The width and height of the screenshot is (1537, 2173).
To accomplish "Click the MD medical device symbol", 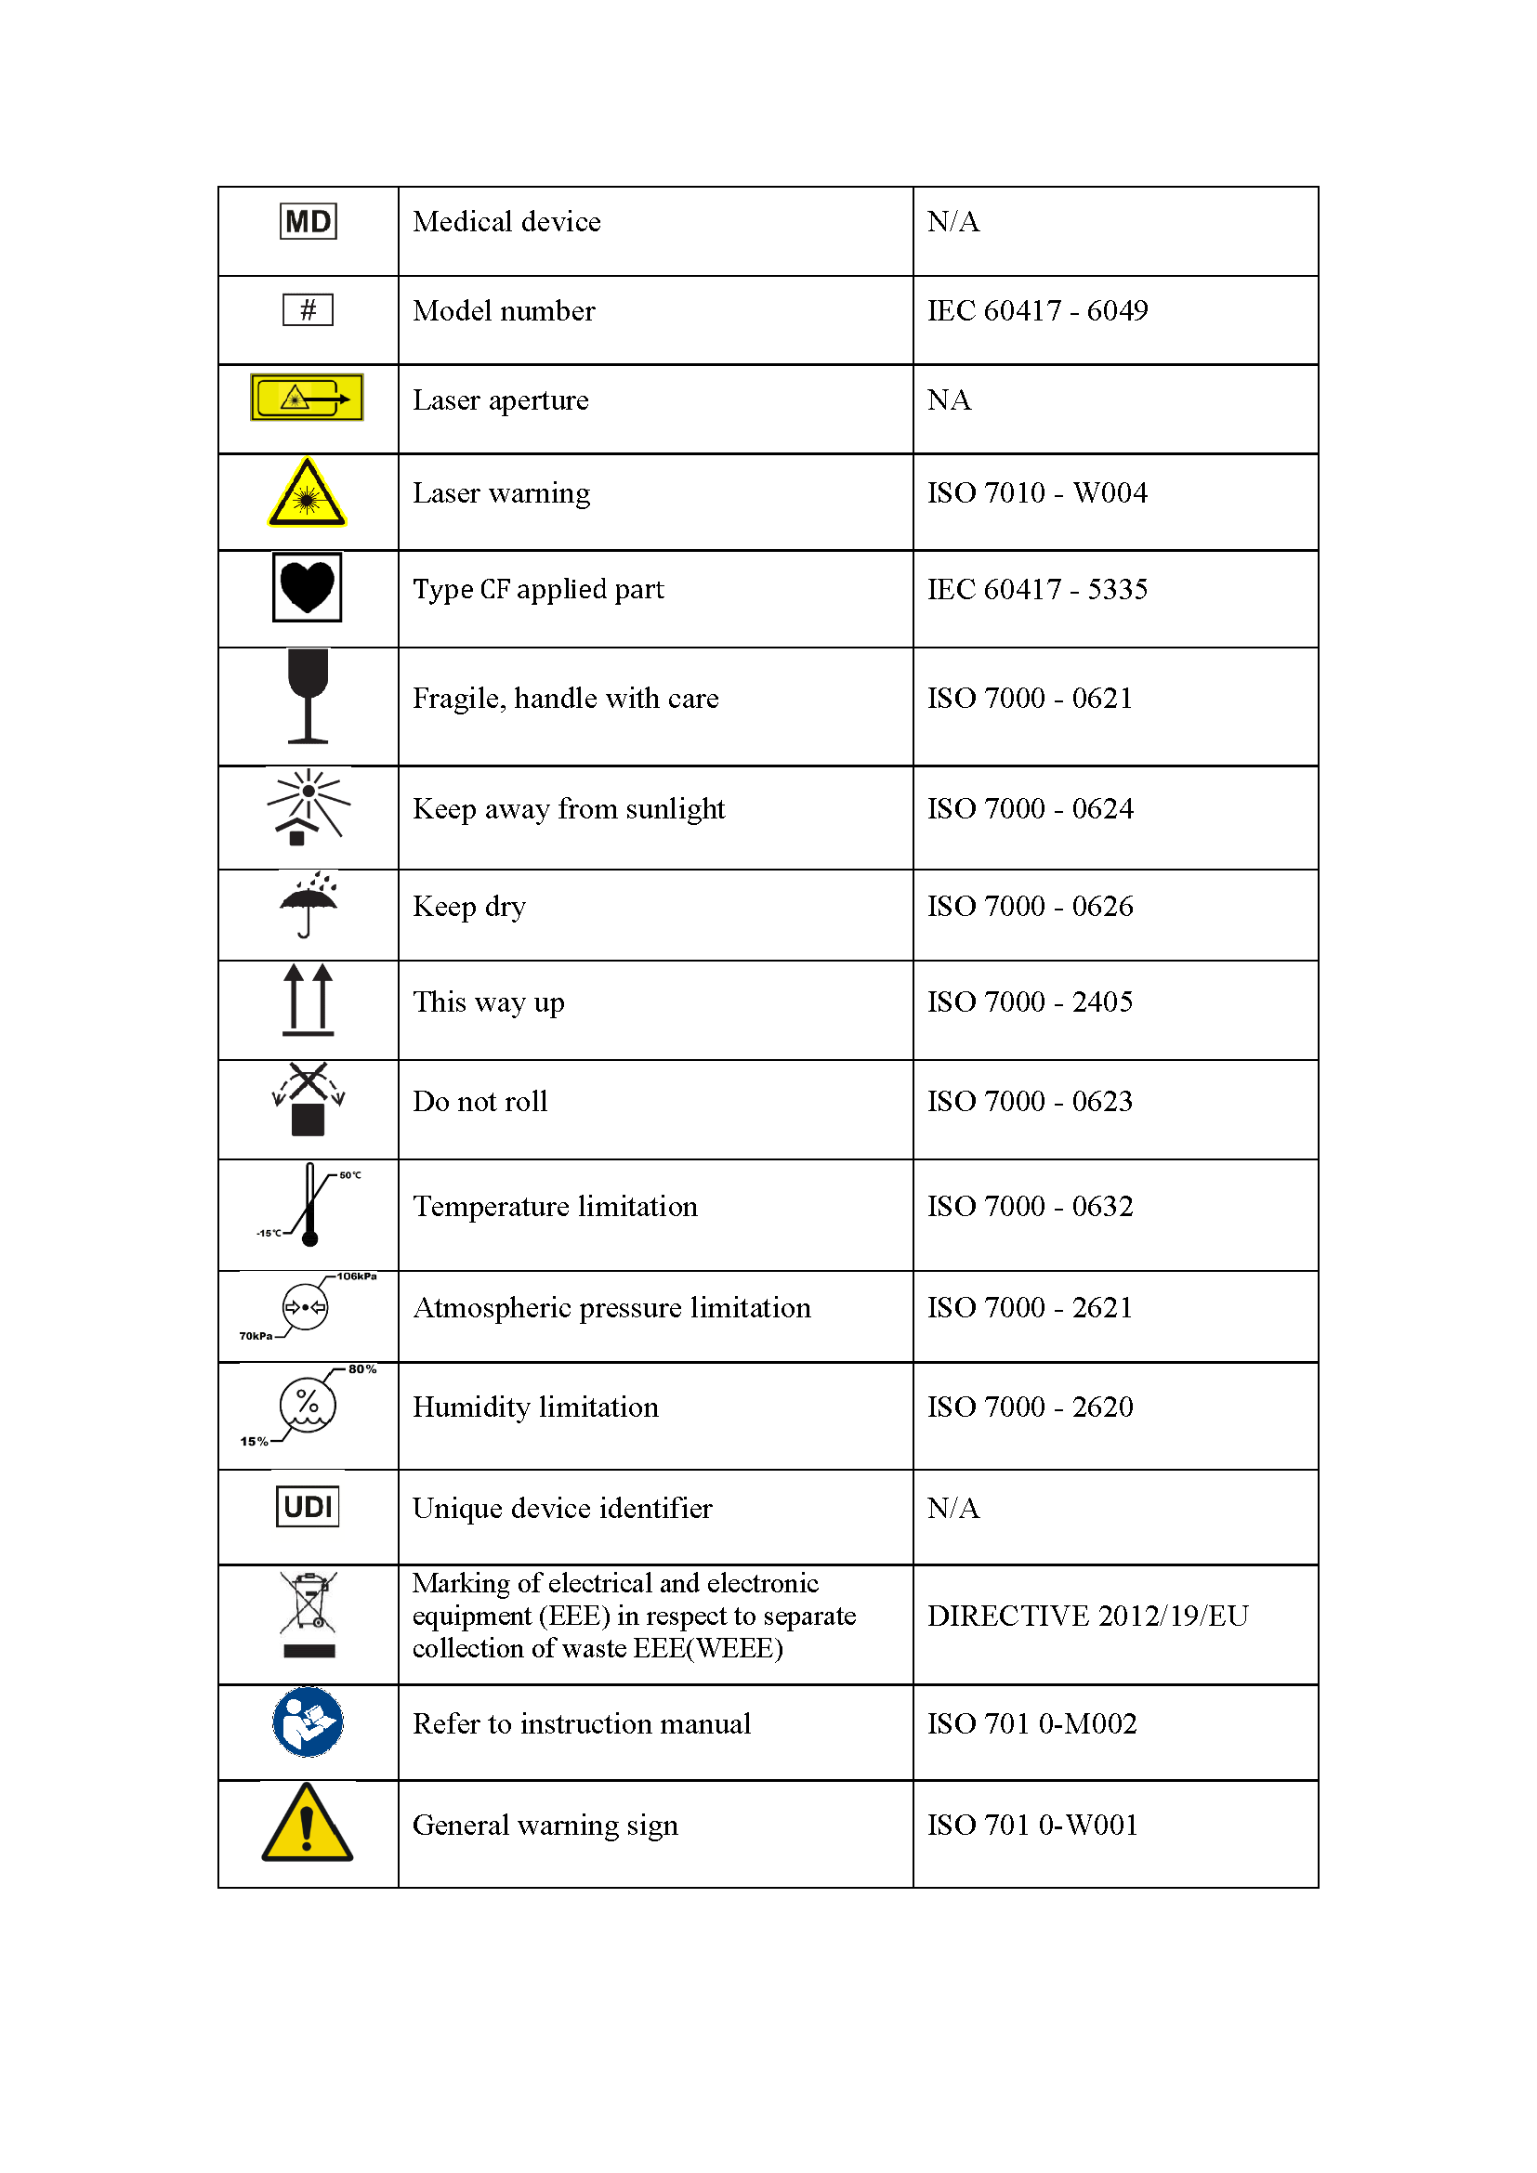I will [308, 221].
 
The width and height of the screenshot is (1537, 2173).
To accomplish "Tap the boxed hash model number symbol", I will [308, 309].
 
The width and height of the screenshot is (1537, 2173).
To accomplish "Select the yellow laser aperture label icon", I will [307, 398].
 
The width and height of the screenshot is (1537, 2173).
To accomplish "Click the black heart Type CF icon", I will [307, 587].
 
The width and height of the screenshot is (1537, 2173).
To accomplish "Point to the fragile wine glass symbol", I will [308, 696].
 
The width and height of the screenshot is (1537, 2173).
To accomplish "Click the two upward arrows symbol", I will [309, 1000].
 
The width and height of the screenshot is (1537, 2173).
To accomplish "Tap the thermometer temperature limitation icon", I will [309, 1205].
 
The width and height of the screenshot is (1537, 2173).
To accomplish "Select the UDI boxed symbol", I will [308, 1506].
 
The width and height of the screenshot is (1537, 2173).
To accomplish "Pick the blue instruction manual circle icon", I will [308, 1721].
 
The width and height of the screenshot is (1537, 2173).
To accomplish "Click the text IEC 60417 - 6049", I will [1037, 310].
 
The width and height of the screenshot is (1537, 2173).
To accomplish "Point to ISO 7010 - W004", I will [1036, 492].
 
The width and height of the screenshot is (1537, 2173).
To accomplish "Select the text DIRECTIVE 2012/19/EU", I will [1087, 1616].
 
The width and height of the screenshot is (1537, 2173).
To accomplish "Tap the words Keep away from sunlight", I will [569, 809].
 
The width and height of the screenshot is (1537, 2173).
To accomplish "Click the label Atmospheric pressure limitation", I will [611, 1308].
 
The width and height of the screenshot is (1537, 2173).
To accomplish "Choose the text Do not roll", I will [479, 1102].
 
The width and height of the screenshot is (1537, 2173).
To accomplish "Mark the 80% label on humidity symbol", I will [362, 1368].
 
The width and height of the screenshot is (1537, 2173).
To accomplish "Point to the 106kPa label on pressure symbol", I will [357, 1276].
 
